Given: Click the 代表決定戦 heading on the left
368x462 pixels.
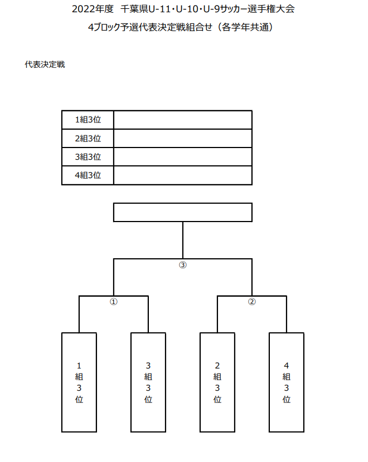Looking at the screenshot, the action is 45,65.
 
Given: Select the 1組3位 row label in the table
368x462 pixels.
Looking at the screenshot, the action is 88,120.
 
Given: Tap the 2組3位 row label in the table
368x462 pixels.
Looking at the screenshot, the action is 88,138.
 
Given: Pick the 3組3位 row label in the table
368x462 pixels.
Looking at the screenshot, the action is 88,157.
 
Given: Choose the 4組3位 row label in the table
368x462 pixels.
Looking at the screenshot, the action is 88,175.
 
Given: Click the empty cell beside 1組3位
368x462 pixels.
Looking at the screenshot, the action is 183,120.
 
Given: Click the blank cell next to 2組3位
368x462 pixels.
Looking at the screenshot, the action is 183,138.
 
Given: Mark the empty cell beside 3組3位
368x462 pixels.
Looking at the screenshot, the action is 183,157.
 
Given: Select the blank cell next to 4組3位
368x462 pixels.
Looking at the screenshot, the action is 183,175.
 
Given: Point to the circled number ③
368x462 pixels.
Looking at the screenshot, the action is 183,265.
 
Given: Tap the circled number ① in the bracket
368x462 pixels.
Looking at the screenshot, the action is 114,302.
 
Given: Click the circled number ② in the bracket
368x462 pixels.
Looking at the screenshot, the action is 251,302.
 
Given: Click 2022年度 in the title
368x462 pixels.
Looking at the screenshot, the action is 93,9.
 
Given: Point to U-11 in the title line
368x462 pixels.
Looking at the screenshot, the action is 159,9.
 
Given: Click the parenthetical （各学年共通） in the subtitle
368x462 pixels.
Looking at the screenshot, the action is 245,27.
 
